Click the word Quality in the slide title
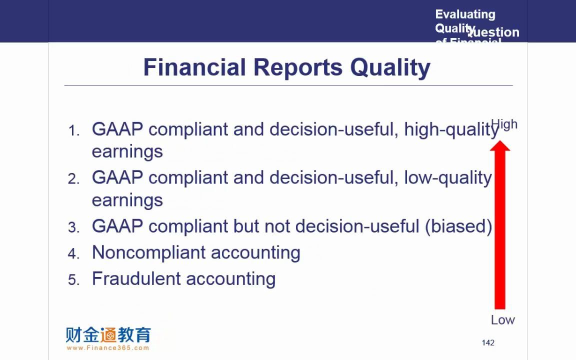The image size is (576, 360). [390, 67]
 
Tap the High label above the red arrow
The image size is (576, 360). [504, 124]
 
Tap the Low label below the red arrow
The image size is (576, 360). [502, 320]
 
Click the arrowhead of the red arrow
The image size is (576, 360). [499, 145]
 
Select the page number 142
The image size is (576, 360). [488, 342]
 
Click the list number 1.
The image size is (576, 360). [73, 131]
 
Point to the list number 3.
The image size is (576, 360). [73, 228]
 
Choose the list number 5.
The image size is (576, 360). [73, 280]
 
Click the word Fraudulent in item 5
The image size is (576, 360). [134, 278]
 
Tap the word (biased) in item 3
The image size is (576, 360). [458, 226]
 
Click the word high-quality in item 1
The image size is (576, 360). [451, 130]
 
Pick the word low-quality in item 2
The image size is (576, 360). [448, 178]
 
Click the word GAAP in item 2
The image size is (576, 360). [117, 177]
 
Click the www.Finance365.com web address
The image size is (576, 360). [107, 348]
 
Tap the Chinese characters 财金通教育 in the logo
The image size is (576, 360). [108, 334]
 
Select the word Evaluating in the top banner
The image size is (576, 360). [465, 14]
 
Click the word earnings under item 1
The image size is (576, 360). [127, 151]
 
